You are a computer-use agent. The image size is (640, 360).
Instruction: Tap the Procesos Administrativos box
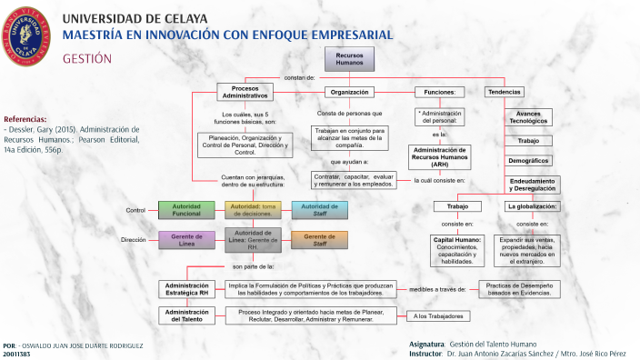(x=245, y=92)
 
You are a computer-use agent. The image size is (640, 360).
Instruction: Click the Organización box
(x=349, y=92)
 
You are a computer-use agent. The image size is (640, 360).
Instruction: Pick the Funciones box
(x=440, y=92)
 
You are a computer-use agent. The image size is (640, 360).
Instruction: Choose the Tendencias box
(x=504, y=92)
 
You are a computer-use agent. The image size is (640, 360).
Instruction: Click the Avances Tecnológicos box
(x=528, y=117)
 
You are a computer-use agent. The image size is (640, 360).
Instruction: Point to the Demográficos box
(x=528, y=160)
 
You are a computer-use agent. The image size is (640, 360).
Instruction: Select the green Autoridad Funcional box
(x=186, y=210)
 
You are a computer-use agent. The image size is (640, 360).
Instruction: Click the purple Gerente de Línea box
(x=186, y=239)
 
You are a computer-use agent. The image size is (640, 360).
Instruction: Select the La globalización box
(x=533, y=206)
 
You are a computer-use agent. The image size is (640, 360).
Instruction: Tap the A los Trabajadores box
(x=438, y=316)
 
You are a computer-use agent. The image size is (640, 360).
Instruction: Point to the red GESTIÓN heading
(x=86, y=58)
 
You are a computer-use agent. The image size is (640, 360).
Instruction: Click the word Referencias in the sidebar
(x=25, y=119)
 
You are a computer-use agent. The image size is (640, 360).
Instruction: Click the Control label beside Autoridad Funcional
(x=135, y=210)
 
